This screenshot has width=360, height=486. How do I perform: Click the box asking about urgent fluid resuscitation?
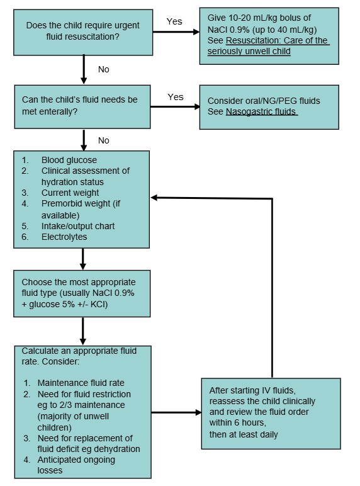[x=83, y=32]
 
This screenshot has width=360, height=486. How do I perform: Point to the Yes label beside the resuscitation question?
[x=174, y=21]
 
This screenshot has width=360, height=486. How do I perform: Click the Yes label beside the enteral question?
[x=176, y=97]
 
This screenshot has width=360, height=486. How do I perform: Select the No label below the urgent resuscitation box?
[x=103, y=69]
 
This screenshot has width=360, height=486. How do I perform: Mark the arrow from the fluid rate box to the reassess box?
[x=176, y=413]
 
